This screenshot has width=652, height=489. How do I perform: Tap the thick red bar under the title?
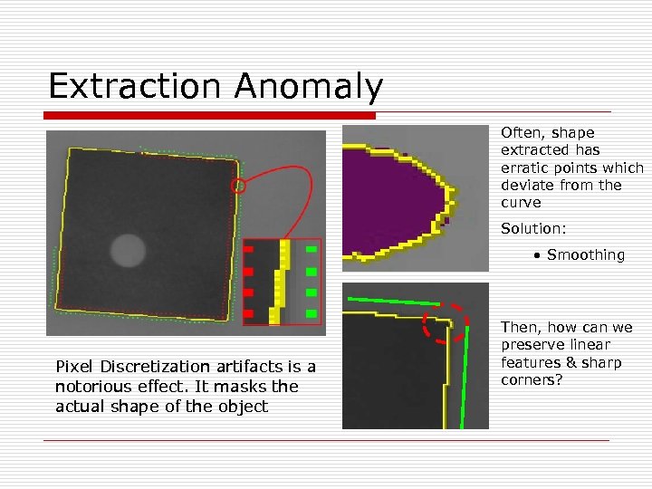(x=211, y=116)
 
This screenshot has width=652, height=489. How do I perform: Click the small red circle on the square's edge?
(x=238, y=187)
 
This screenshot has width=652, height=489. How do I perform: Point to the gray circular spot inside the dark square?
(x=128, y=249)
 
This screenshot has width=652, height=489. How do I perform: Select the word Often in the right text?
(x=521, y=132)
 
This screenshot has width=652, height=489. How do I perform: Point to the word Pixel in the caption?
(x=73, y=367)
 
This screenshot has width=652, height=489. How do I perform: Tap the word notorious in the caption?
(x=89, y=387)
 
